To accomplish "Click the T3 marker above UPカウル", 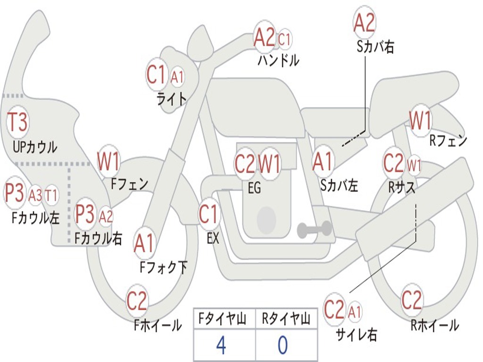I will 18,123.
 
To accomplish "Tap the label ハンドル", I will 278,60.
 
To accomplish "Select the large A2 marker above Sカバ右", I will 364,23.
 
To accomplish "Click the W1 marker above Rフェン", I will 420,121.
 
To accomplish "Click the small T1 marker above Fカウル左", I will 51,195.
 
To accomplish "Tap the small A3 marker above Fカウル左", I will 35,195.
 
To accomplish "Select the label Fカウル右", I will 99,239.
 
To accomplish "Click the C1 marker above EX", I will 208,214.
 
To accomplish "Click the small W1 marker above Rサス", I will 414,165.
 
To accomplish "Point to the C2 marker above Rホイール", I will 411,300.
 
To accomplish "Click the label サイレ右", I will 356,334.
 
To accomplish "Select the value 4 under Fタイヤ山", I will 221,346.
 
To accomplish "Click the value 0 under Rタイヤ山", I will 282,346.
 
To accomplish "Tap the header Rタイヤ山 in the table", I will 286,320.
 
